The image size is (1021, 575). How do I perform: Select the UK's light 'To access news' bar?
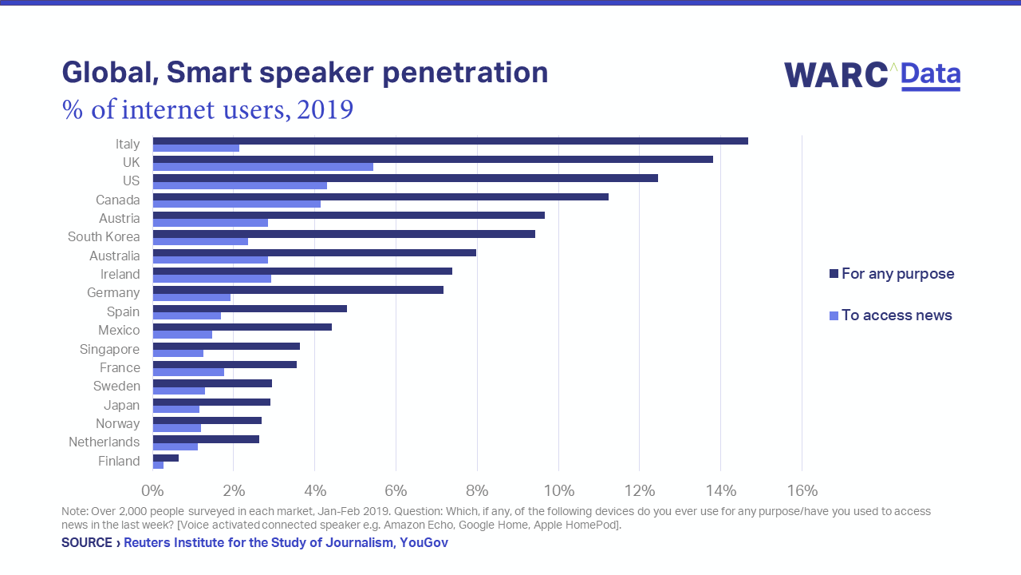[262, 167]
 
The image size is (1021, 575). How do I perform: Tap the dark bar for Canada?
[380, 196]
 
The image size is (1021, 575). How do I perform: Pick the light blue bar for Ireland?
[211, 279]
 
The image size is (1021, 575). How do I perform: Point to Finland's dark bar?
[165, 458]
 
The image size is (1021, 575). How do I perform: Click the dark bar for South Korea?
[343, 234]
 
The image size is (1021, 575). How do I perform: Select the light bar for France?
[188, 372]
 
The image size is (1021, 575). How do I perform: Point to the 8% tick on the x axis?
[477, 490]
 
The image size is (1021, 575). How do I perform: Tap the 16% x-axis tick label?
[802, 490]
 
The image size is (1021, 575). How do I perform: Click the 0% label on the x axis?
[152, 490]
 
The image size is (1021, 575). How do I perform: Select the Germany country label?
[113, 293]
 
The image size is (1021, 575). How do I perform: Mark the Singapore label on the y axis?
[109, 349]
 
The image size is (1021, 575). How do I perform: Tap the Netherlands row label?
[104, 442]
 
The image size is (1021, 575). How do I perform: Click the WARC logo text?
[836, 75]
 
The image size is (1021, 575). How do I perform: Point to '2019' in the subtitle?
[325, 109]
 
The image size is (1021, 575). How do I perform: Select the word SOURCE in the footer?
[87, 543]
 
